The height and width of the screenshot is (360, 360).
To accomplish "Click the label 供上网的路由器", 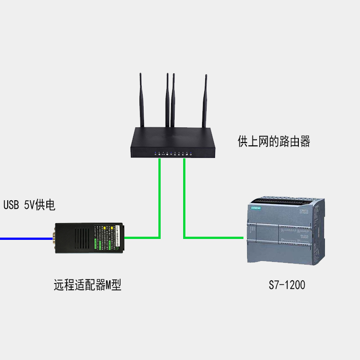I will pos(274,142).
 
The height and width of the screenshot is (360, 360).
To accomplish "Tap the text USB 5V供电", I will pos(29,206).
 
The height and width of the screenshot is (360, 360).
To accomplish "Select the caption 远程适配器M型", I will pos(87,285).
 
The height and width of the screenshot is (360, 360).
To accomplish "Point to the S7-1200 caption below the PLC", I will pos(287,285).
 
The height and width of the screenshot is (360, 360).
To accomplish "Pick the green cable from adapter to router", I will pos(159,202).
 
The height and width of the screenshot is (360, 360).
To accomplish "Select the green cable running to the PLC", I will pos(211,237).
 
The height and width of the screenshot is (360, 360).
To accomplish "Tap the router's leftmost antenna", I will pos(141,99).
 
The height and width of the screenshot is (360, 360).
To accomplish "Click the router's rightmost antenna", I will pos(206,101).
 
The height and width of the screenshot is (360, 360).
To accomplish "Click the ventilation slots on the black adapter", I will pos(81,238).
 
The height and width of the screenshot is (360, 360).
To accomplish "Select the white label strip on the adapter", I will pos(118,237).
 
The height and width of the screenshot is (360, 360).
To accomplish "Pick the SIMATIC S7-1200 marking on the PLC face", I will pos(304,211).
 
